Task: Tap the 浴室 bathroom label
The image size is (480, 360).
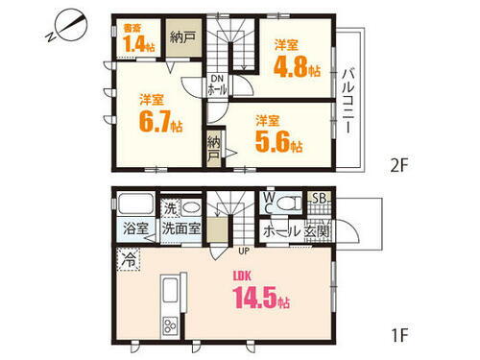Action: [x=135, y=229]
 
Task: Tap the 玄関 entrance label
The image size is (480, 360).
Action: [x=319, y=230]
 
